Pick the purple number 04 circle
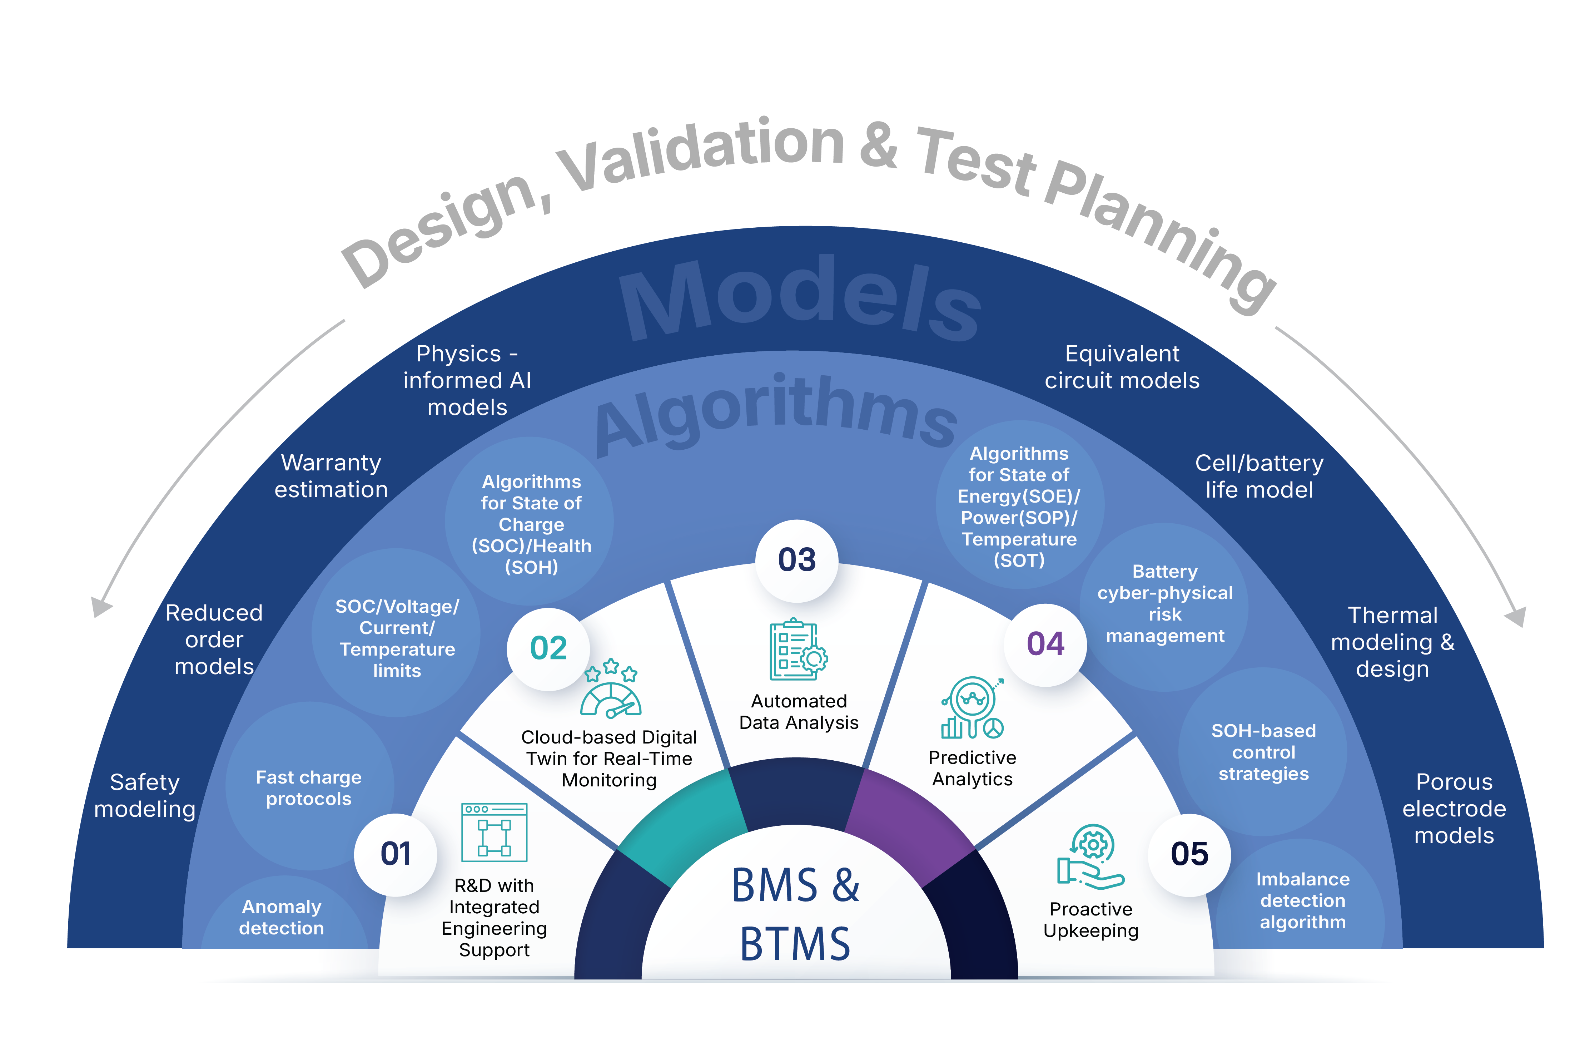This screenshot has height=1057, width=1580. coord(1045,644)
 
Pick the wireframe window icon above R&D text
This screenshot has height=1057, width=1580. coord(494,833)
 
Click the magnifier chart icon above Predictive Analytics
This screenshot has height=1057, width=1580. coord(972,708)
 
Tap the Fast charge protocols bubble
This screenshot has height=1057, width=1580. coord(309,787)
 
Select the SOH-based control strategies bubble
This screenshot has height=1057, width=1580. coord(1263,752)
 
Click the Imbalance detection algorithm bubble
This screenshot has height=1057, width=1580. coord(1302,900)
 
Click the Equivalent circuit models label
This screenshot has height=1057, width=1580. coord(1122,367)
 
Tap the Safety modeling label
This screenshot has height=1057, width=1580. coord(145,795)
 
